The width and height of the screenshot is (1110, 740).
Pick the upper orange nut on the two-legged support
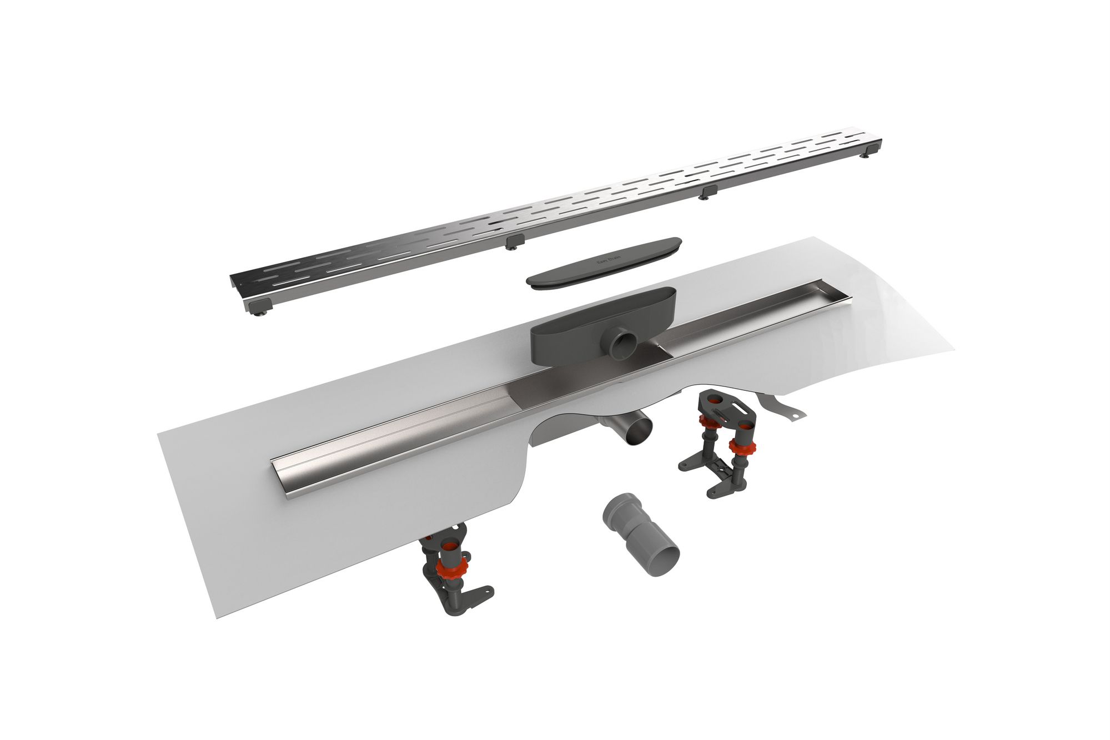[707, 421]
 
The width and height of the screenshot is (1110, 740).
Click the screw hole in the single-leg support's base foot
[488, 592]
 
